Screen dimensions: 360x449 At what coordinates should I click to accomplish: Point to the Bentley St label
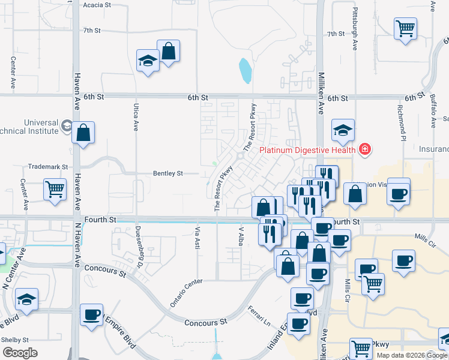168,173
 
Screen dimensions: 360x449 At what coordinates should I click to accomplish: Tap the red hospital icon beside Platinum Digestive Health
364,149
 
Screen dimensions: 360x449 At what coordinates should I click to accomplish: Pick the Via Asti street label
196,238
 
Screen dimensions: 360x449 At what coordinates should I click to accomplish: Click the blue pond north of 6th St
245,71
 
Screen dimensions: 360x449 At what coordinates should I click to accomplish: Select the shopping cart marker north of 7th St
406,28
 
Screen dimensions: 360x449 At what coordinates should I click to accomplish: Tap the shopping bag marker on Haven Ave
83,133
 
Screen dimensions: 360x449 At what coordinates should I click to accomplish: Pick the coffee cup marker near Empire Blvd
92,315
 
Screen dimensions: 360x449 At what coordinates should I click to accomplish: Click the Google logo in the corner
20,353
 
